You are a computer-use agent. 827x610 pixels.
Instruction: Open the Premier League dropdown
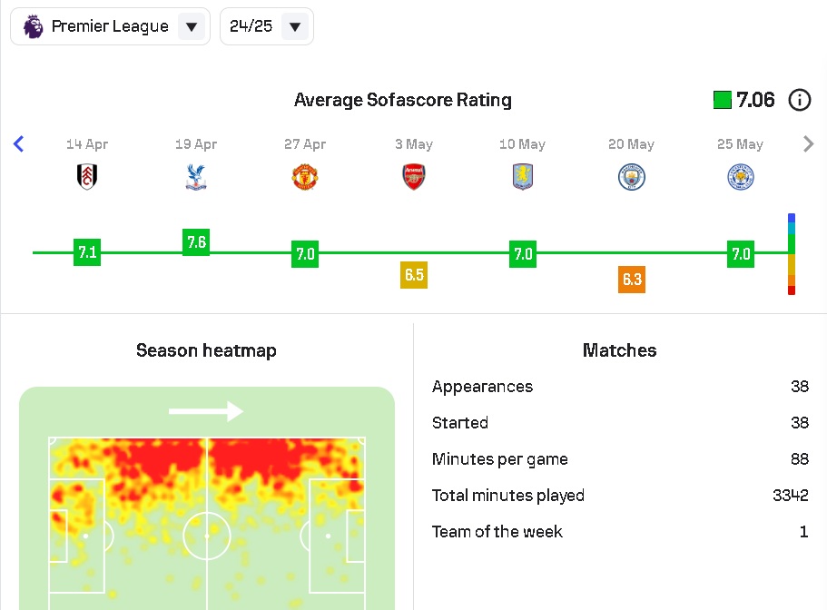click(x=110, y=26)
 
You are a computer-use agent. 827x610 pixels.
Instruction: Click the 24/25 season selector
click(x=267, y=26)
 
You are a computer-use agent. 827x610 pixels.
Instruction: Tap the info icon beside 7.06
click(x=799, y=100)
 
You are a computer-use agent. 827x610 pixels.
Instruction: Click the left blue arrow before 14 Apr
click(x=18, y=143)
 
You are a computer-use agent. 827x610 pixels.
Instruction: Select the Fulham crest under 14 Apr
click(x=87, y=176)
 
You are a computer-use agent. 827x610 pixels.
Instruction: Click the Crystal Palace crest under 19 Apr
click(x=196, y=176)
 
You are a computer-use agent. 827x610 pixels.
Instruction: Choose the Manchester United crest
click(x=305, y=176)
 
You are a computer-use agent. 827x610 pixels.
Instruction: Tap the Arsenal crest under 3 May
click(x=414, y=176)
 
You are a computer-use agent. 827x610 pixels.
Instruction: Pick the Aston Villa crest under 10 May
click(x=523, y=176)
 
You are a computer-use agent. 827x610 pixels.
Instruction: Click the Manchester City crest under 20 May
click(x=632, y=176)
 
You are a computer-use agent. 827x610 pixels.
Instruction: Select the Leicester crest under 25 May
click(x=741, y=176)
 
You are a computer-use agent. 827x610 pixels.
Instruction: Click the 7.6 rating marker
click(x=196, y=242)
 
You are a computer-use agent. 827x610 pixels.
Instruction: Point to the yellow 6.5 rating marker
click(x=414, y=275)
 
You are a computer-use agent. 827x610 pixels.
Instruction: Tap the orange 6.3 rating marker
click(x=632, y=279)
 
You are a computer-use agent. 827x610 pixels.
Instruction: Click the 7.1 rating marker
click(x=87, y=252)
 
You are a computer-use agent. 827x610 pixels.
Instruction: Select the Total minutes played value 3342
click(x=790, y=496)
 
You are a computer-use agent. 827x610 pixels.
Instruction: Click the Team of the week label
click(x=497, y=532)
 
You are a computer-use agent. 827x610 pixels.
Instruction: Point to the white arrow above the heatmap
click(x=206, y=411)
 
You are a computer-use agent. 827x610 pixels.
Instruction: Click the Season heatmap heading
click(x=206, y=350)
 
